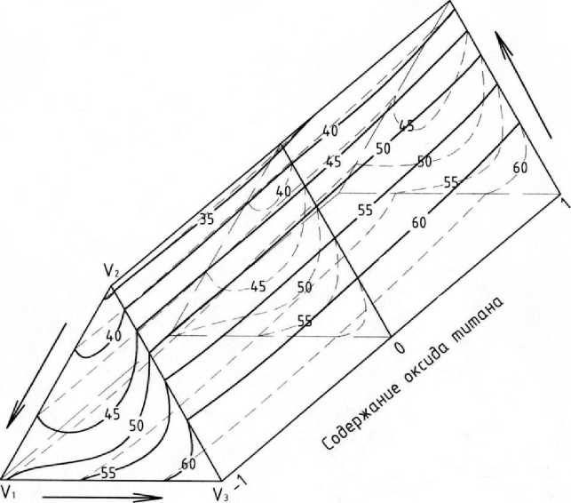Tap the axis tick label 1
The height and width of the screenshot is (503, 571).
click(563, 204)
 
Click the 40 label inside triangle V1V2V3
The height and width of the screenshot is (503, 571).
click(115, 337)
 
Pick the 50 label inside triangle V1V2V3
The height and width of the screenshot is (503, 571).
click(137, 427)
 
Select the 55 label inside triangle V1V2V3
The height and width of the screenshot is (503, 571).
click(108, 473)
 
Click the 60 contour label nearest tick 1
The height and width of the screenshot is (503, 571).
click(520, 167)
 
